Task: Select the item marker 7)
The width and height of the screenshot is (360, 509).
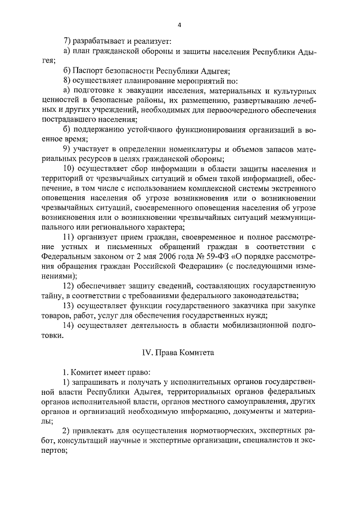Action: pos(67,41)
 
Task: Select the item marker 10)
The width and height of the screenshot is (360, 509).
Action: pos(70,169)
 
